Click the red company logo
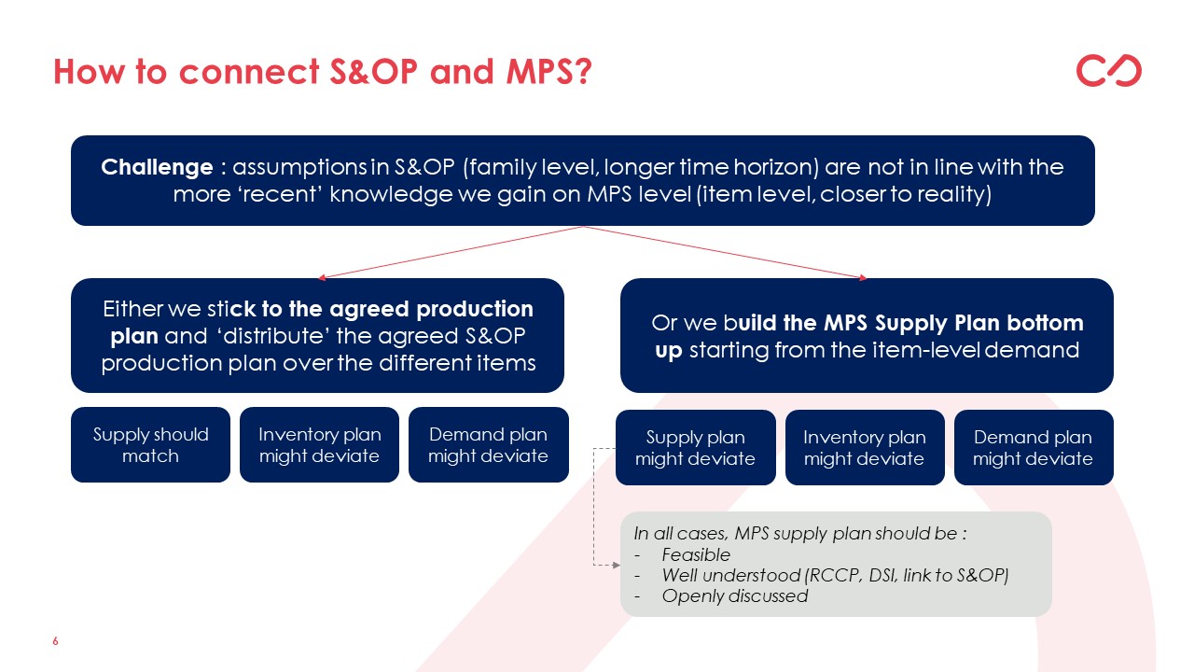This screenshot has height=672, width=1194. [x=1109, y=70]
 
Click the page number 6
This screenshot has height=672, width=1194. [x=55, y=641]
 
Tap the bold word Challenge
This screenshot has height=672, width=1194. [x=157, y=167]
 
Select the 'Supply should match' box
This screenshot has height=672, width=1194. [x=150, y=445]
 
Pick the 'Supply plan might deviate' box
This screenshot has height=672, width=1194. [x=695, y=447]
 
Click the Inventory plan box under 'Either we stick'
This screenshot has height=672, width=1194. [x=319, y=445]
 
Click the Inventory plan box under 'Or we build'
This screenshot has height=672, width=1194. [x=865, y=447]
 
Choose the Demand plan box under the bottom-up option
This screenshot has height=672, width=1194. [x=1034, y=447]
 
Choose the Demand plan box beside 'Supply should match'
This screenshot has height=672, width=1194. [x=488, y=445]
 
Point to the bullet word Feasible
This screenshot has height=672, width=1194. [x=696, y=554]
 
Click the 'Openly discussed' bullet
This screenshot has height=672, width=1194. [x=734, y=595]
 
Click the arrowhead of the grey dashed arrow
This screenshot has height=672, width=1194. [x=617, y=565]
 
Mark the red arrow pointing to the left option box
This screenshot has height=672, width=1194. [x=451, y=252]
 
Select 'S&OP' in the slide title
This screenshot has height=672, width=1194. [x=373, y=72]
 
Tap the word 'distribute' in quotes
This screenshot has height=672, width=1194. [x=274, y=336]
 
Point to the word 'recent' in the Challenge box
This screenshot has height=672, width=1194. [x=280, y=194]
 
